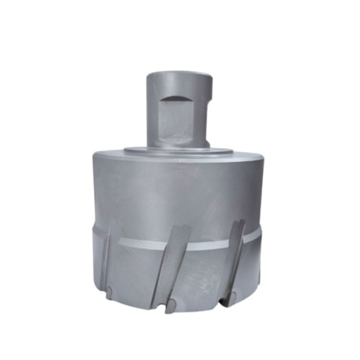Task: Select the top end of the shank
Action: tap(179, 73)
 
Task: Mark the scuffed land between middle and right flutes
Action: tap(202, 274)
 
